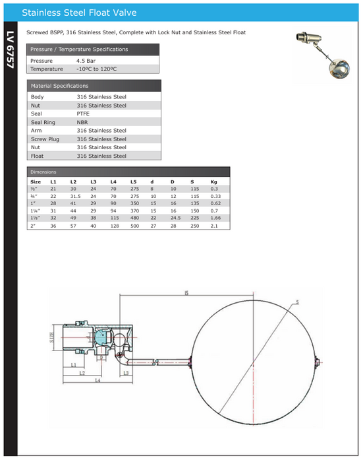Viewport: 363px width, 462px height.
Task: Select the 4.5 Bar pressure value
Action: pos(86,60)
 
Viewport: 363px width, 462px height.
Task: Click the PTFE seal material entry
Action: pos(84,114)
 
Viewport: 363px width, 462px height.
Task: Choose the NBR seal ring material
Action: pos(83,122)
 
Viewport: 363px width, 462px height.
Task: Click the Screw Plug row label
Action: pos(45,139)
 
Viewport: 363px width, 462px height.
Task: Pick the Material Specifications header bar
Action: pos(93,86)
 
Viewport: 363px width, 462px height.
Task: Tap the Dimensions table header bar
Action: pos(128,172)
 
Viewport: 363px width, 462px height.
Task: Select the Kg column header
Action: pos(213,181)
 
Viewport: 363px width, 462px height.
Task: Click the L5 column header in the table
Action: pos(133,181)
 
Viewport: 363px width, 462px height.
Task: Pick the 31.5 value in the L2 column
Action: pos(76,196)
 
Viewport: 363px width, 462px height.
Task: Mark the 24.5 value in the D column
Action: pos(175,218)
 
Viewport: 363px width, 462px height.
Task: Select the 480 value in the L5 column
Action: pos(134,218)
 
